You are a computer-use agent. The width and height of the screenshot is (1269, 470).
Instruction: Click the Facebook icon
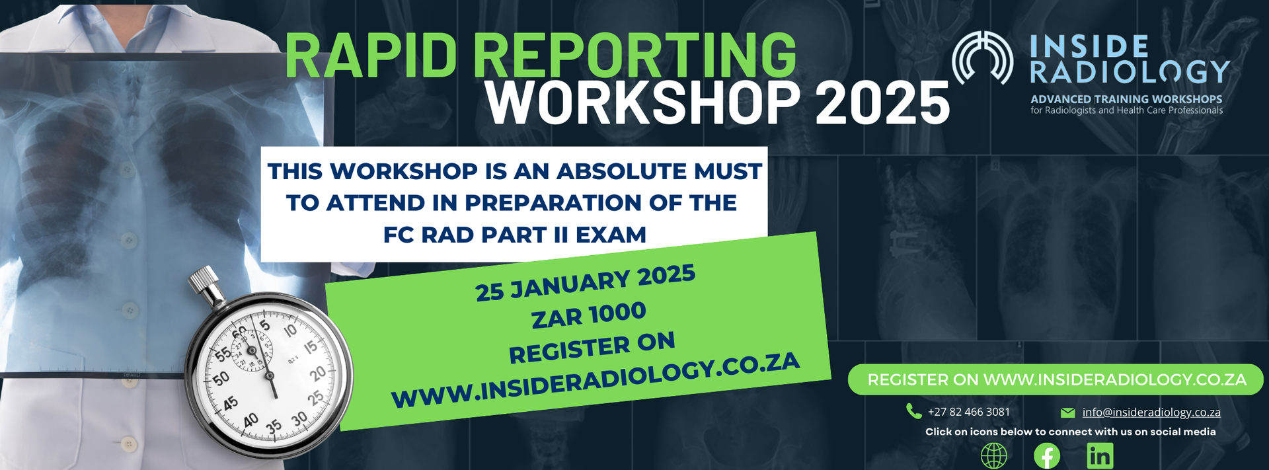pos(1047,456)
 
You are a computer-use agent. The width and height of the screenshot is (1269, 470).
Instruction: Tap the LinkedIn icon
pos(1100,456)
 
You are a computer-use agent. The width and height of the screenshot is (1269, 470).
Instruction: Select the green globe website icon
pos(994,456)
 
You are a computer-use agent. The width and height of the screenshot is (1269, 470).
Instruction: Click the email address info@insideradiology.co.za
pos(1151,412)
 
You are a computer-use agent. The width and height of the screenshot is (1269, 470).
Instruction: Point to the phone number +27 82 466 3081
pos(969,412)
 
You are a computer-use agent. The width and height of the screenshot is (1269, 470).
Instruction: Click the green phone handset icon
pos(913,411)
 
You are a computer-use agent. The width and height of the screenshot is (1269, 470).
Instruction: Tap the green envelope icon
pos(1067,413)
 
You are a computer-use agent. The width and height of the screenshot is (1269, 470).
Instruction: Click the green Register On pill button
pos(1056,379)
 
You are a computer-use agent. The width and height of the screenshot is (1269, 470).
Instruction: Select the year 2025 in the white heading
pos(882,103)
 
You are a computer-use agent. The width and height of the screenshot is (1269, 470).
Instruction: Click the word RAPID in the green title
pos(370,56)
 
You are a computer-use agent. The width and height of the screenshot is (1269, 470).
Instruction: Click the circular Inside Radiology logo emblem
pos(983,58)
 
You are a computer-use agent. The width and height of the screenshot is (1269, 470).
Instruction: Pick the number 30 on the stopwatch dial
pos(299,418)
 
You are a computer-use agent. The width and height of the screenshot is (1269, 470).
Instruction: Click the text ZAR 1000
pos(589,315)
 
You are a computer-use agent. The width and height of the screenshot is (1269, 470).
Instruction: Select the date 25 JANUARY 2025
pos(586,282)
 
